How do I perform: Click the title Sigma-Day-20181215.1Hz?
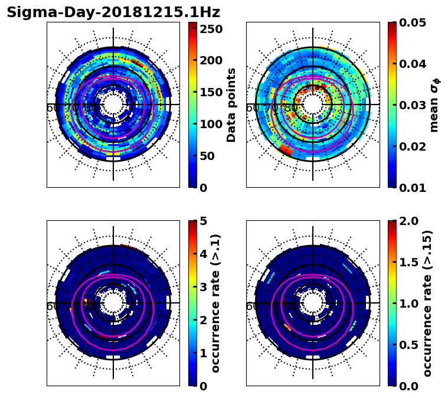click(x=113, y=12)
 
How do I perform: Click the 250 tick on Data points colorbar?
click(x=211, y=28)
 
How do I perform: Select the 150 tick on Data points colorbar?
click(x=211, y=92)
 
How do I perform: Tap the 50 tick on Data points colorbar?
click(x=211, y=156)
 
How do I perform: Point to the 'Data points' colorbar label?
click(x=231, y=105)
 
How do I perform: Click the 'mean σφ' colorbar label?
click(x=434, y=105)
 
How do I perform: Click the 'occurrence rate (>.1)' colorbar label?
click(x=215, y=303)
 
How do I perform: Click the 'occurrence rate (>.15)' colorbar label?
click(x=427, y=303)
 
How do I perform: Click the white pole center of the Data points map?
click(x=113, y=105)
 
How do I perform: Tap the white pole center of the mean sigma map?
click(x=313, y=105)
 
